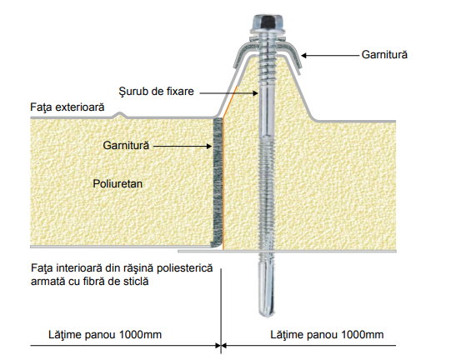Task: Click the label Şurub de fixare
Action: point(156,91)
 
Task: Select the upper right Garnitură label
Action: point(384,55)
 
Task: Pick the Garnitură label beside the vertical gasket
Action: point(126,145)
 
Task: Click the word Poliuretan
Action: point(118,183)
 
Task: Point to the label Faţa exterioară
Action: point(67,107)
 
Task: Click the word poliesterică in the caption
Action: point(184,268)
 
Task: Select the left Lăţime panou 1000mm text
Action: point(105,335)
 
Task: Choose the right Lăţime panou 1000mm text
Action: point(327,335)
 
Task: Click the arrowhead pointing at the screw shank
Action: point(255,93)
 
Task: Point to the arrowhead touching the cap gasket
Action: point(304,55)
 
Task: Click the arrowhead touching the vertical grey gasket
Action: point(208,146)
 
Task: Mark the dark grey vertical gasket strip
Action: point(217,182)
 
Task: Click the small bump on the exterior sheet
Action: point(119,115)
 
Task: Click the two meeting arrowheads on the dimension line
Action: point(221,346)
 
